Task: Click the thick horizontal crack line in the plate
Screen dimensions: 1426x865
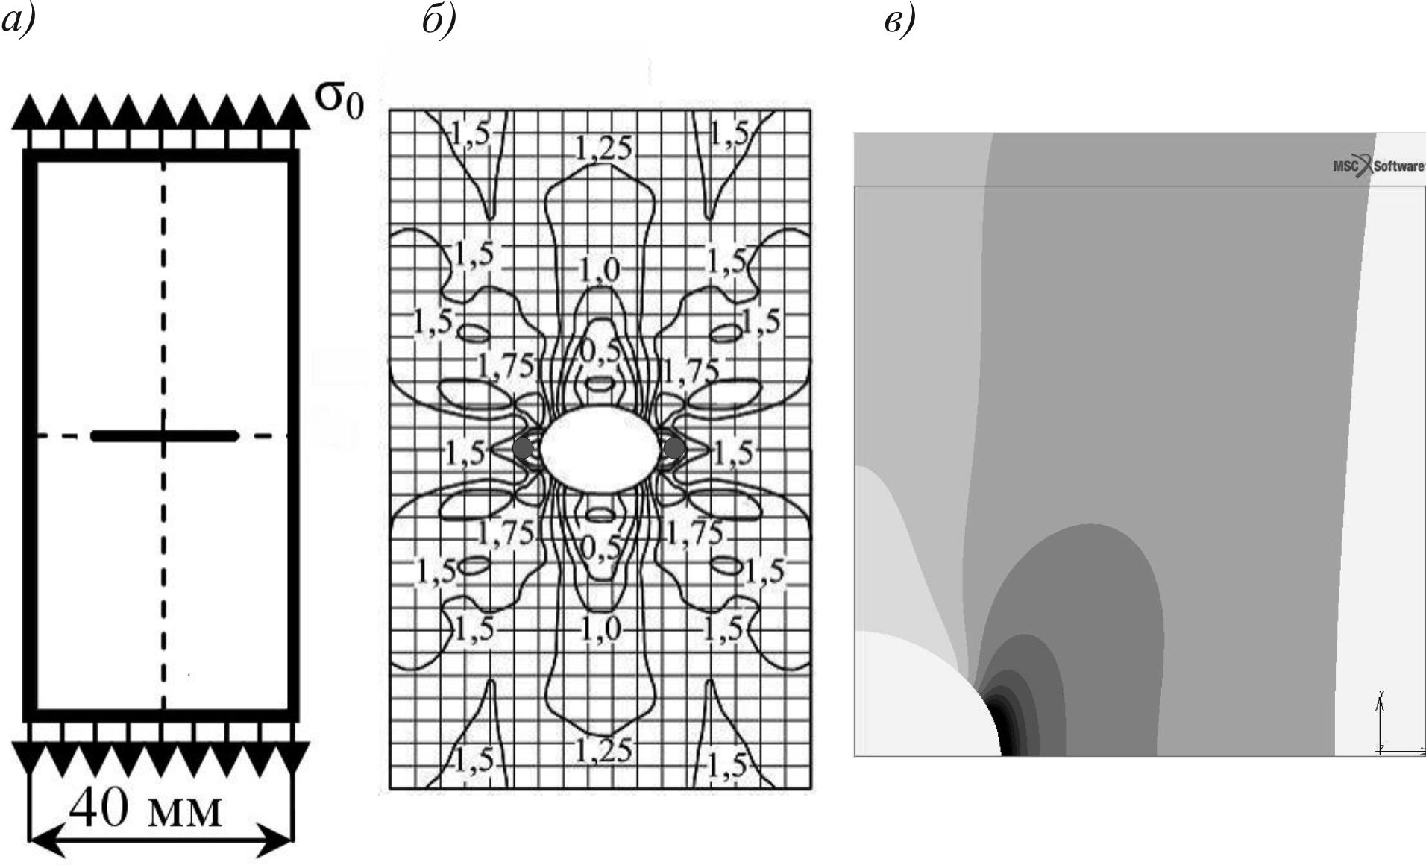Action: click(x=164, y=435)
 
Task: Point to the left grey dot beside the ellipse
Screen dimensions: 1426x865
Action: click(x=524, y=448)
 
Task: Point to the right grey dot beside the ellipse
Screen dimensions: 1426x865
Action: click(x=673, y=448)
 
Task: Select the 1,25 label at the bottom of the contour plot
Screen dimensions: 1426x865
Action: click(x=603, y=749)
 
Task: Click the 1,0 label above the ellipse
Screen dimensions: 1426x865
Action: click(x=600, y=269)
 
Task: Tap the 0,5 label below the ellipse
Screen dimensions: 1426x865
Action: click(x=600, y=549)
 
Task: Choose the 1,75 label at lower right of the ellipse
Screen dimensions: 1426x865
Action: click(x=694, y=532)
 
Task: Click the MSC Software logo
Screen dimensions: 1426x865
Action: click(x=1378, y=166)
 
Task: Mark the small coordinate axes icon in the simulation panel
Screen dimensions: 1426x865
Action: click(x=1392, y=723)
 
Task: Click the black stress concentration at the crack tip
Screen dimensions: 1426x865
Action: click(x=1003, y=728)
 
